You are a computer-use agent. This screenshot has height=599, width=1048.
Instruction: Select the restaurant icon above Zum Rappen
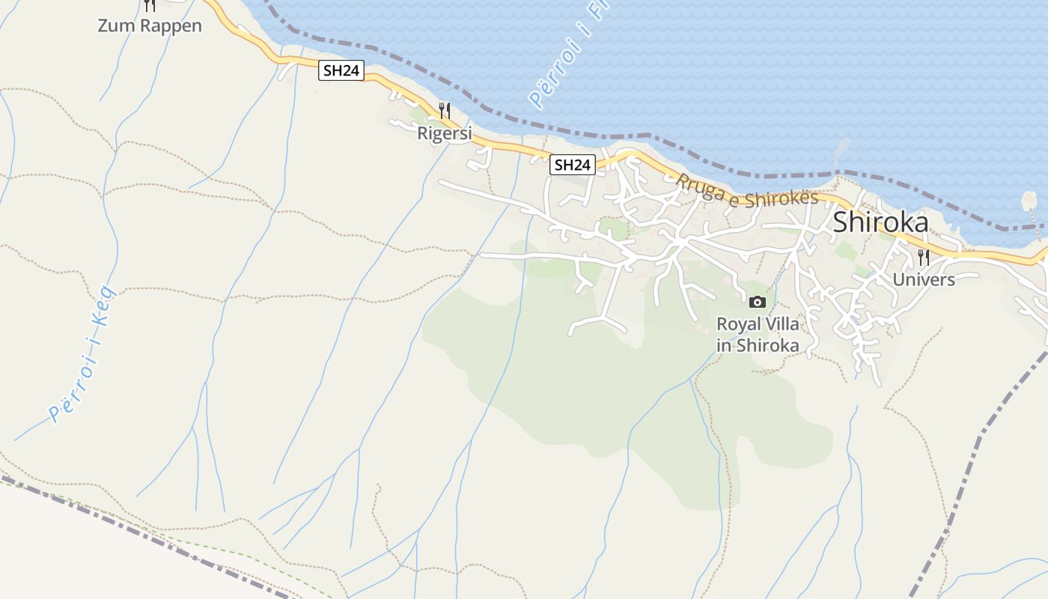tap(150, 5)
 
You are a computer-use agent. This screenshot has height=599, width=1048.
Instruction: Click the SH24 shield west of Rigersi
tap(341, 71)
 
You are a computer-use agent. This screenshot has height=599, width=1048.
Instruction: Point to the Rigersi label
tap(445, 134)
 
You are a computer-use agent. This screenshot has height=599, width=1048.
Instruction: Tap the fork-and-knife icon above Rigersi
tap(445, 111)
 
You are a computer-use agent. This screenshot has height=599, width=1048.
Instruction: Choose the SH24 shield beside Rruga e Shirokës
tap(573, 165)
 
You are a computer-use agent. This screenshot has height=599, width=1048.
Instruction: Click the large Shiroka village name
tap(880, 222)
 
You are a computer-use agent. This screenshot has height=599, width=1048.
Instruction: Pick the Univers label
tap(924, 280)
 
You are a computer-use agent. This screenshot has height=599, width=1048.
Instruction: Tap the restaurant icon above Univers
tap(924, 258)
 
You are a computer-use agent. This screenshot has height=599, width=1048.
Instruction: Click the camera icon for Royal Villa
tap(758, 302)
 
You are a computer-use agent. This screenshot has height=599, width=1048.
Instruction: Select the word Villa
tap(782, 325)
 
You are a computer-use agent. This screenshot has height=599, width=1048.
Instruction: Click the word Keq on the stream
tap(103, 303)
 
